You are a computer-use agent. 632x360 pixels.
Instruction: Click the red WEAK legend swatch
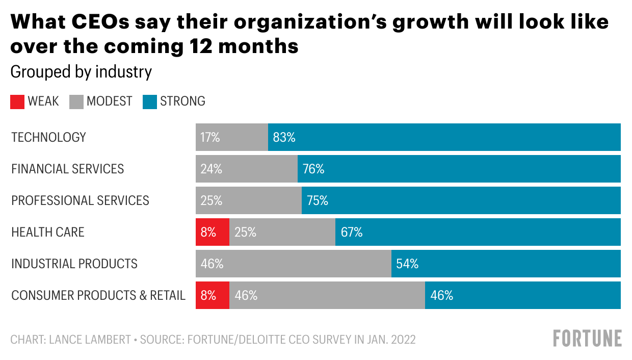point(17,101)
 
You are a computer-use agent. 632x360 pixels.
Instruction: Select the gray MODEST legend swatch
point(76,101)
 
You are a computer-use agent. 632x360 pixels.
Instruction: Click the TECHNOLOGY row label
point(49,137)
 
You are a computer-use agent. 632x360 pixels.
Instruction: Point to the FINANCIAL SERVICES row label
point(68,169)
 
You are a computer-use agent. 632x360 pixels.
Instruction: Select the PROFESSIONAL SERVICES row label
point(81,200)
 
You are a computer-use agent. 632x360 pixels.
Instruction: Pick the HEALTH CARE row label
point(48,232)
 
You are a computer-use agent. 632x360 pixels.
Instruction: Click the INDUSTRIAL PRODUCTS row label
point(74,264)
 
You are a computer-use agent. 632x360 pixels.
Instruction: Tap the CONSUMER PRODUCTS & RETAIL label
point(98,295)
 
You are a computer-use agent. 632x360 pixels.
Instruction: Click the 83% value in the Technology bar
point(284,137)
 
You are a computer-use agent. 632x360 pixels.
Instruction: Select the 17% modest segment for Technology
point(232,137)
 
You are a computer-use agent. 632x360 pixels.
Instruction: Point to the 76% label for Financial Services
point(313,169)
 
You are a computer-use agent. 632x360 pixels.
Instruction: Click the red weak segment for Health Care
point(213,232)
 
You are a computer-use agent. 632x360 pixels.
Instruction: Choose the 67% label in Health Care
point(352,232)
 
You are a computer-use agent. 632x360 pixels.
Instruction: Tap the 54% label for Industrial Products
point(407,264)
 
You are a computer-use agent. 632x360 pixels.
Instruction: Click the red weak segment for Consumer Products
point(213,295)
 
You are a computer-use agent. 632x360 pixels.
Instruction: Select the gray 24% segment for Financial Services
point(247,169)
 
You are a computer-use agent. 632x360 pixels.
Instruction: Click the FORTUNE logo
point(588,339)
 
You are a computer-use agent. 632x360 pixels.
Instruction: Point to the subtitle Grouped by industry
point(81,72)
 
